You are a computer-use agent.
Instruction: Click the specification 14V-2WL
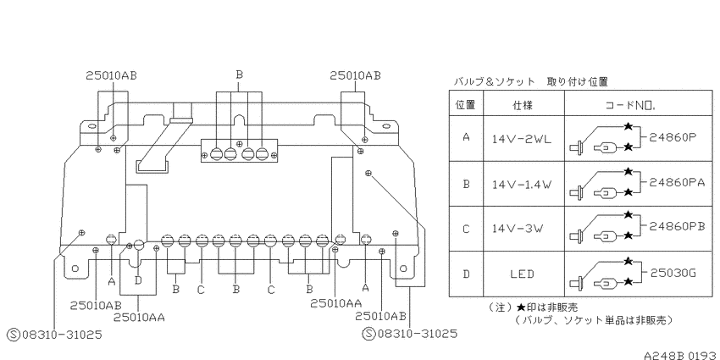coord(521,139)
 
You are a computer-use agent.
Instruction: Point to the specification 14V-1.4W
coord(521,185)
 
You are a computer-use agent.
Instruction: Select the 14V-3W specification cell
coord(517,228)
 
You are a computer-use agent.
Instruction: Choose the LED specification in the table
coord(522,274)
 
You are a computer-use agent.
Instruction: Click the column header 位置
coord(465,105)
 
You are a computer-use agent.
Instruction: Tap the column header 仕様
coord(523,105)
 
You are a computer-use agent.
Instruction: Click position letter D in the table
coord(466,274)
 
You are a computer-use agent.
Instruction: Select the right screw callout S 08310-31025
coord(410,334)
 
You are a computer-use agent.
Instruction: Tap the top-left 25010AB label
coord(112,75)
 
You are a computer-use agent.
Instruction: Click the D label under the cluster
coord(139,280)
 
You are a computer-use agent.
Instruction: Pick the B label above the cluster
coord(239,75)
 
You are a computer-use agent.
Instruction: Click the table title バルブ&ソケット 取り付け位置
coord(531,81)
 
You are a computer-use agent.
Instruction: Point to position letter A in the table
coord(466,137)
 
